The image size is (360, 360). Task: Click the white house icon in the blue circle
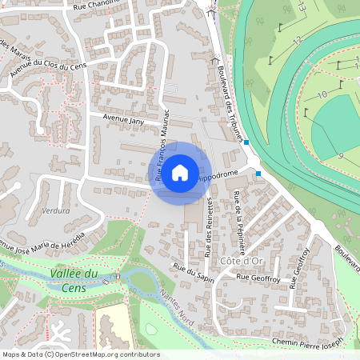180,172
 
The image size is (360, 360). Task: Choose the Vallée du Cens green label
74,278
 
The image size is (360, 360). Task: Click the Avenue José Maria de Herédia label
52,239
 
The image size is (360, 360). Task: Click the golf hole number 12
297,39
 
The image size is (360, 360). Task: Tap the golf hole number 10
322,94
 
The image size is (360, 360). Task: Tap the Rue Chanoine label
94,4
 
